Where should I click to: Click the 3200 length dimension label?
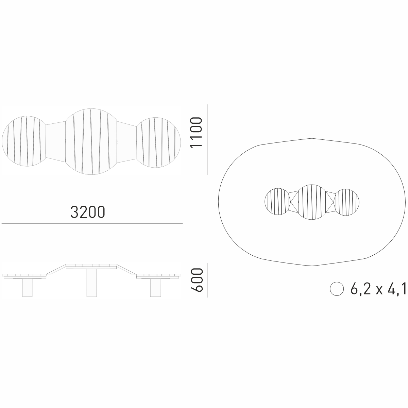pos(88,212)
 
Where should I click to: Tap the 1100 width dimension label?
pos(196,133)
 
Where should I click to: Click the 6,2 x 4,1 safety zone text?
pos(378,289)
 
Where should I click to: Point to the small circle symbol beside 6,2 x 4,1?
pos(337,289)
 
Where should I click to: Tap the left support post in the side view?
pos(27,288)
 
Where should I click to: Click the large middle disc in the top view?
pos(91,142)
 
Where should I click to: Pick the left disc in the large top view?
pos(24,141)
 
